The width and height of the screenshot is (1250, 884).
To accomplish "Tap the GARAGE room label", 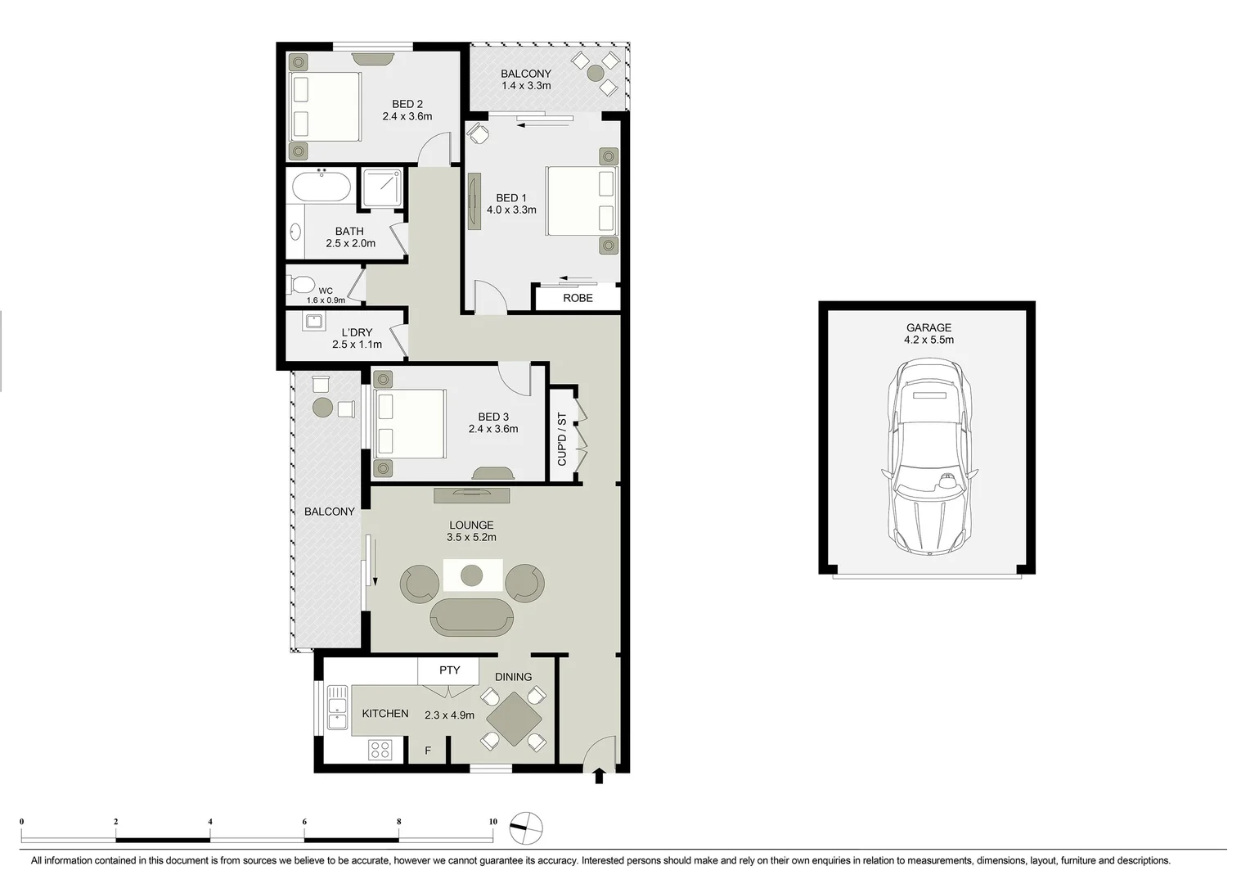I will click(x=929, y=327).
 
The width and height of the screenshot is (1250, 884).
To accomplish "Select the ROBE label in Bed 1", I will click(x=578, y=298).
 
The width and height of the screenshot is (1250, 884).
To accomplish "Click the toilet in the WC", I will click(x=301, y=285).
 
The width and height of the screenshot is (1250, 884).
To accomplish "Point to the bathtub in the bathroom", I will click(x=321, y=187).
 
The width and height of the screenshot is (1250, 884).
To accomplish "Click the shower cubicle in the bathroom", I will click(x=382, y=187).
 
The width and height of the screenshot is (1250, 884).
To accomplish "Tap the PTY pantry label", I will click(x=449, y=670).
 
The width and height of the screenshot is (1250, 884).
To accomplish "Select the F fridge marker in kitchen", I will click(x=428, y=751).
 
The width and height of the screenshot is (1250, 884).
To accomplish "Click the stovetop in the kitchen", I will click(x=380, y=749).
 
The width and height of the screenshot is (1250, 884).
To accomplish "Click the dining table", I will click(x=514, y=719).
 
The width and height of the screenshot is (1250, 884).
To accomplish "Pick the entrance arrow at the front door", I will click(x=599, y=775).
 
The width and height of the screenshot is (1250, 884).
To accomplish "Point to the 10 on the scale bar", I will click(x=492, y=822).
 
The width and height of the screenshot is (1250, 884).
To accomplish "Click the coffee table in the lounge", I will click(x=472, y=575).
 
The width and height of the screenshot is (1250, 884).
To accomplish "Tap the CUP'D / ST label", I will click(x=562, y=440).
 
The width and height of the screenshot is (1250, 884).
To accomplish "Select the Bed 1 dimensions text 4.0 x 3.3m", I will click(x=511, y=210).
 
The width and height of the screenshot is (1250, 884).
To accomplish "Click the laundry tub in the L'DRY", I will click(x=314, y=321).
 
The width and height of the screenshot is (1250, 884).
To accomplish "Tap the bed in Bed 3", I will click(x=410, y=423).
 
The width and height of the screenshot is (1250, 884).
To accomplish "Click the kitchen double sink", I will click(x=336, y=708).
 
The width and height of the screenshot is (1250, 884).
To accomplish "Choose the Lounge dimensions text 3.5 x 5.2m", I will click(x=471, y=538).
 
